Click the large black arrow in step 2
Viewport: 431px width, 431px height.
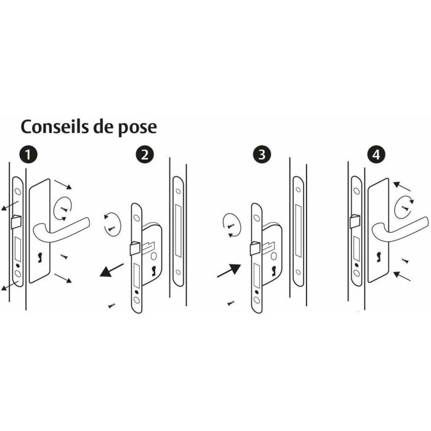tap(111, 270)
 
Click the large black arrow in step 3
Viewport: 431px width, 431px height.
tap(228, 270)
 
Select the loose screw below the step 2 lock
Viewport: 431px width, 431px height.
tap(111, 304)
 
